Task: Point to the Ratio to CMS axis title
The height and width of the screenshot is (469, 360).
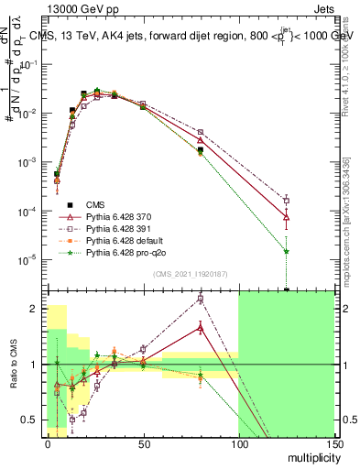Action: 15,364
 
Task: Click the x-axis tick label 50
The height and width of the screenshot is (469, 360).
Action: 142,443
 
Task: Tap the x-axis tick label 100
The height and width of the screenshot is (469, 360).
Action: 238,443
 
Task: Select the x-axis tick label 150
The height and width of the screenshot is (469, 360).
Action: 333,443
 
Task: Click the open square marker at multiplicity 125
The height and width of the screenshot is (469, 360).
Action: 287,200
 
